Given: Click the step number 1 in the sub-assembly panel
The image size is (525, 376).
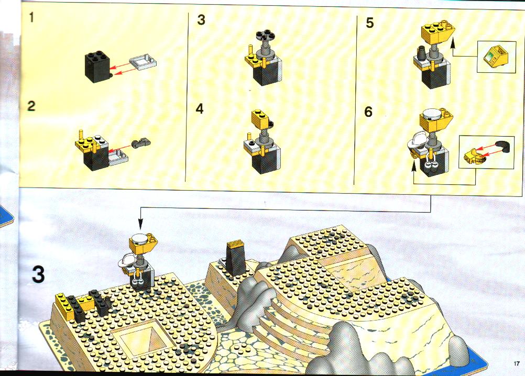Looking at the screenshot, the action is pos(31,17).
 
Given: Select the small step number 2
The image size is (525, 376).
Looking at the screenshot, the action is pos(31,106).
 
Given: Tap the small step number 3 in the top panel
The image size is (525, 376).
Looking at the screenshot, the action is pos(201,20).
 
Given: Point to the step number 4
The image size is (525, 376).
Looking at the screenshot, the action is pos(200,109).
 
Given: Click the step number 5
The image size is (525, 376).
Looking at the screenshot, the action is pos(369,23).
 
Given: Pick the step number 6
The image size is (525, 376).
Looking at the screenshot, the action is pos(368,112).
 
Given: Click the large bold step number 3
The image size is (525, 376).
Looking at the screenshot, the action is pos(38,274).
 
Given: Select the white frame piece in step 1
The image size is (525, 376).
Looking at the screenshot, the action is pos(144,62).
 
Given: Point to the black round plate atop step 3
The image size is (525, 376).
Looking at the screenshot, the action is pos(265,35).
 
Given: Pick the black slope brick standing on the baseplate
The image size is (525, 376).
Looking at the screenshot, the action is pos(236,258).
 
